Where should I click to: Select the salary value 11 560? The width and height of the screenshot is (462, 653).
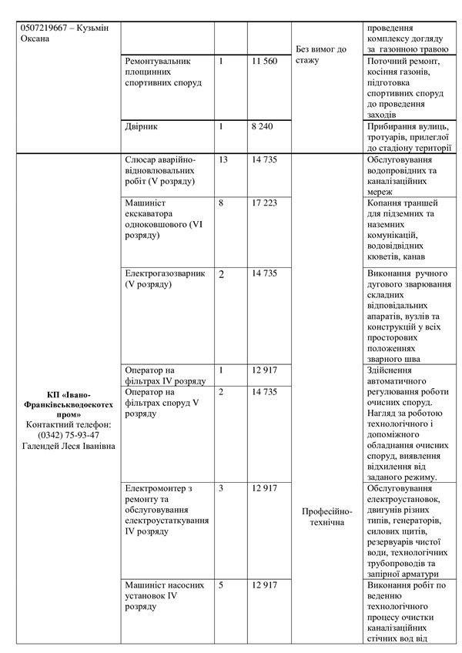(x=264, y=61)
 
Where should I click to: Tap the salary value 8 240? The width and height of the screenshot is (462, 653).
(x=262, y=126)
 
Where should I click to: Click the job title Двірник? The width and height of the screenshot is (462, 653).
(x=141, y=126)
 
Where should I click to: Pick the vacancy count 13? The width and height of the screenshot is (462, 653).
(x=223, y=159)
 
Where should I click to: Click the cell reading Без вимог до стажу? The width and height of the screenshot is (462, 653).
(x=320, y=54)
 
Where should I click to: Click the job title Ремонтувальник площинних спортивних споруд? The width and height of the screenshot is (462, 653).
(x=162, y=72)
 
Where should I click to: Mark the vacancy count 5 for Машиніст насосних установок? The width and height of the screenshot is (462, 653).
(x=221, y=585)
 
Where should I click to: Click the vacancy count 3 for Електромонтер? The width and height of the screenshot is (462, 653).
(x=221, y=488)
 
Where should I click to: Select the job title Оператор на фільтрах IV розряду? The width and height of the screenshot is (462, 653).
(x=164, y=375)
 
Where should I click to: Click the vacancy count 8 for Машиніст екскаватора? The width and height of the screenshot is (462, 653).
(x=221, y=203)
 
